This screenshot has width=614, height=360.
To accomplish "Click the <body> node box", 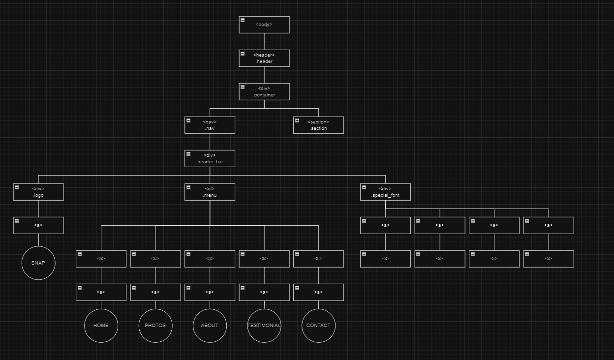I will tap(264, 25).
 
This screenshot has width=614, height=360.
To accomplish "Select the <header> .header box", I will tap(264, 58).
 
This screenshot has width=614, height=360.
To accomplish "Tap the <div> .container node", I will tap(264, 91).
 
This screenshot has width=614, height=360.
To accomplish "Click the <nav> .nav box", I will tap(210, 125).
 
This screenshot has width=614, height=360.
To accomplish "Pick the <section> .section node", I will tap(318, 125).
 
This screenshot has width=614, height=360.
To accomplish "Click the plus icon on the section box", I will tap(297, 120).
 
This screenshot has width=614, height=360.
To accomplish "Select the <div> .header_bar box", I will tap(210, 158).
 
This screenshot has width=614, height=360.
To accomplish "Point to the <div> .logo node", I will tap(38, 192).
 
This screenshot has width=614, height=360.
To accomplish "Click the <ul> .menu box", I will tap(210, 192).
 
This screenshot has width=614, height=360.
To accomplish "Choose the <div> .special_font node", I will tap(385, 192).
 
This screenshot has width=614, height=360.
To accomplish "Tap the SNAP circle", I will tap(38, 263).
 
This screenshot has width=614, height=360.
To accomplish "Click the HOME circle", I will tap(101, 325).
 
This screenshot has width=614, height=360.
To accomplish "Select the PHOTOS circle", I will tap(155, 325).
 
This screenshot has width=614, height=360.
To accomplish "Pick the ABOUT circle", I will tap(210, 325).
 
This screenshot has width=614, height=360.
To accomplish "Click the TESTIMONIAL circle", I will tap(264, 325).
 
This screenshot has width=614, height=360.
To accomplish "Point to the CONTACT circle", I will tap(318, 325).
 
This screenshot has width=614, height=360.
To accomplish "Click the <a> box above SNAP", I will tap(38, 225).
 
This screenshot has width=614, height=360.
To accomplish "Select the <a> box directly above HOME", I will tap(101, 292).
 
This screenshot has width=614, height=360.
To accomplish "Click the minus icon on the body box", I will tap(243, 20).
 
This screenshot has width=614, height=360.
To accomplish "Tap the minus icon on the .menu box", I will tap(188, 187).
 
